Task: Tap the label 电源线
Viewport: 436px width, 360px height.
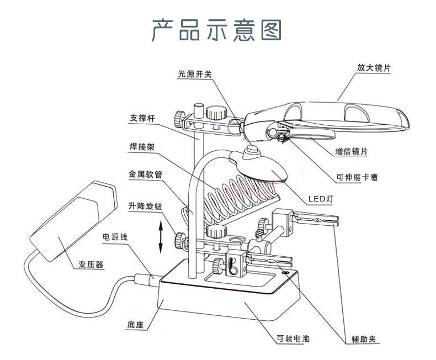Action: pyautogui.click(x=115, y=236)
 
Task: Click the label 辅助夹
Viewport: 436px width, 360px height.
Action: pyautogui.click(x=363, y=339)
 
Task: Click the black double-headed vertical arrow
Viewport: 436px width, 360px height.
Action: pyautogui.click(x=161, y=236)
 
